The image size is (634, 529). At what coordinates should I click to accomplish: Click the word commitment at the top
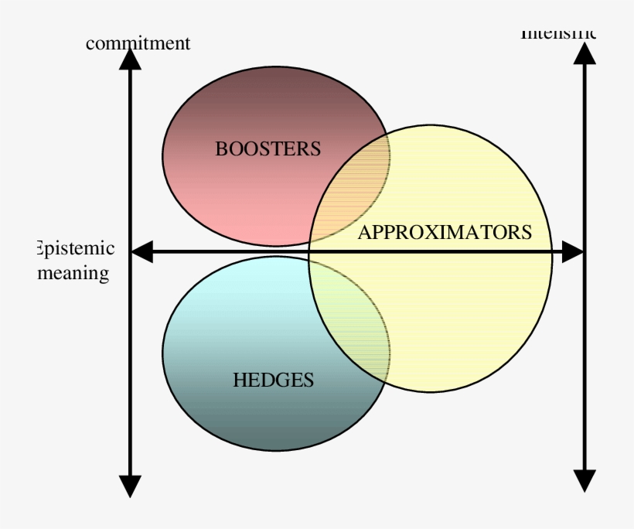tap(138, 43)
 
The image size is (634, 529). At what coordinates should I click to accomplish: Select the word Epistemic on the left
tap(76, 249)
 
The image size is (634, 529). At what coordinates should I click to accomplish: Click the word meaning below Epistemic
tap(73, 273)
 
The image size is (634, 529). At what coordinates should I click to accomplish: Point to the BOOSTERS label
tap(268, 149)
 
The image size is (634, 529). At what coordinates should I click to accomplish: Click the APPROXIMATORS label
tap(445, 232)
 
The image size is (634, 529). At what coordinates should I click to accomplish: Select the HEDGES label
tap(273, 380)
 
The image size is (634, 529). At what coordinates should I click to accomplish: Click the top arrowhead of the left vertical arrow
tap(130, 58)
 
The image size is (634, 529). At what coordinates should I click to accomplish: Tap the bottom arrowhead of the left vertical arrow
tap(130, 485)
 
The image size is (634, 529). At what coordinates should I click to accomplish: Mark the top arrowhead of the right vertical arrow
tap(585, 53)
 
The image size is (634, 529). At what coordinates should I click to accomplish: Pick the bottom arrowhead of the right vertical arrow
tap(585, 480)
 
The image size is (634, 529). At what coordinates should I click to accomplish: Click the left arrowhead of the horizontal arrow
tap(141, 252)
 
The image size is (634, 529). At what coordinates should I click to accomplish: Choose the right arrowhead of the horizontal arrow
tap(573, 252)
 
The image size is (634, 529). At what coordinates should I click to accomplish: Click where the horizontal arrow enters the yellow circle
tap(310, 252)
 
